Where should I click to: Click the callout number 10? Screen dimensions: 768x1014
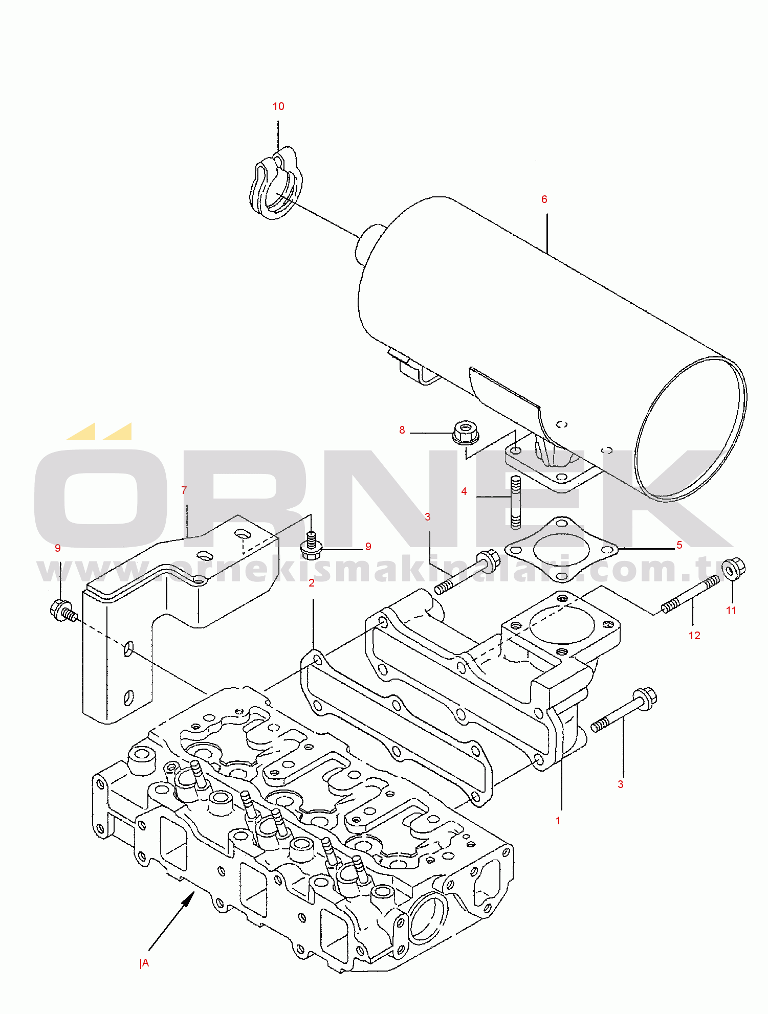click(278, 106)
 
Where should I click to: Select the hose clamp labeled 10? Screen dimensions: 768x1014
click(275, 183)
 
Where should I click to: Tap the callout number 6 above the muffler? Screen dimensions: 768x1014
click(544, 199)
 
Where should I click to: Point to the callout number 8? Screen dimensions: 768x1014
click(402, 431)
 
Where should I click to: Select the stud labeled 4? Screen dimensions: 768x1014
click(516, 502)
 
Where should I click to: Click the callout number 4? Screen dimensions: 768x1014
click(464, 491)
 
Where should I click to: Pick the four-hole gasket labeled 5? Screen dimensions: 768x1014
click(561, 549)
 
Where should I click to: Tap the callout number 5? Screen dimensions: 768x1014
click(679, 545)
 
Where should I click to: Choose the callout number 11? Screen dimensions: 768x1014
click(731, 611)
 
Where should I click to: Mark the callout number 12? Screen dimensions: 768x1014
click(694, 636)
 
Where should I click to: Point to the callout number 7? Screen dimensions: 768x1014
click(184, 490)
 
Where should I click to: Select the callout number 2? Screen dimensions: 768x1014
click(312, 583)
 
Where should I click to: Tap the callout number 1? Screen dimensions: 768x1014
click(558, 821)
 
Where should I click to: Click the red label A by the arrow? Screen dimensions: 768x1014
click(145, 963)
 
